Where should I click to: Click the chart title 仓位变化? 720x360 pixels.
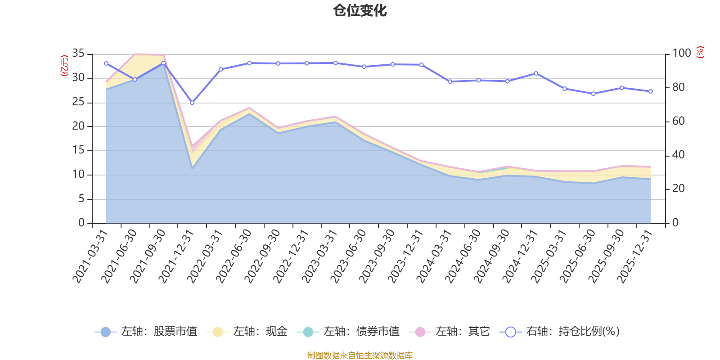click(x=360, y=10)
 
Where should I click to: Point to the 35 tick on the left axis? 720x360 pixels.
click(x=78, y=54)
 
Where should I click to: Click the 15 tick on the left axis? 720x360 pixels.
click(x=78, y=150)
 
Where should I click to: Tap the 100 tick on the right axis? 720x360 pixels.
click(x=681, y=54)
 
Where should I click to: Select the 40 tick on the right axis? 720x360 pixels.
click(x=678, y=155)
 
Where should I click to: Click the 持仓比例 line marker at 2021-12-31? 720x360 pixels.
click(x=192, y=103)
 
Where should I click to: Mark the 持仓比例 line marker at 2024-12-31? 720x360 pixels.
click(x=536, y=73)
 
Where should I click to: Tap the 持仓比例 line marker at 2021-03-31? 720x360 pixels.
click(x=106, y=63)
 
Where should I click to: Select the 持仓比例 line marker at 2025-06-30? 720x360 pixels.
click(x=593, y=94)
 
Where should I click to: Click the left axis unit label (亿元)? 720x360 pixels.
click(x=64, y=66)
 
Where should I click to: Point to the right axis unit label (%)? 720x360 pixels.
click(x=700, y=52)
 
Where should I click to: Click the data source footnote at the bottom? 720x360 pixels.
click(x=360, y=355)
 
